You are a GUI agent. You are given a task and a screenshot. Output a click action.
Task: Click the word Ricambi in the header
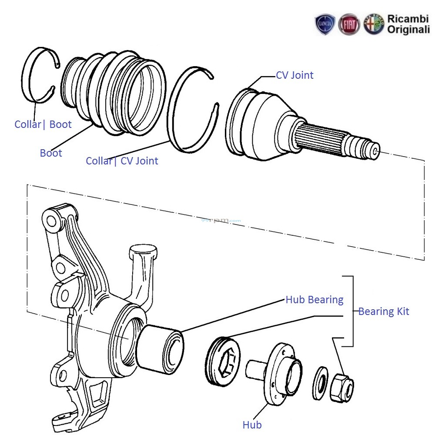408,19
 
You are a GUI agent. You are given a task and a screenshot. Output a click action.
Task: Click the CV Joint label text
295,75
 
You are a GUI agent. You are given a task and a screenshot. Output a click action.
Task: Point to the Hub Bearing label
314,300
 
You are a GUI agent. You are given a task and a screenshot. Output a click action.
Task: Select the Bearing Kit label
383,311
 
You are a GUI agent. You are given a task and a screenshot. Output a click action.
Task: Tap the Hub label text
252,425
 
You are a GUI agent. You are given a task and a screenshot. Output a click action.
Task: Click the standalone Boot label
51,153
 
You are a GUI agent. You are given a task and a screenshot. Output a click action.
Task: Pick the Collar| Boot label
43,124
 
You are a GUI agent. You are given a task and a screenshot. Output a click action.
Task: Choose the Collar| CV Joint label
122,161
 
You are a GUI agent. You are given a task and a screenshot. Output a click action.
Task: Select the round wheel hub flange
283,370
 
